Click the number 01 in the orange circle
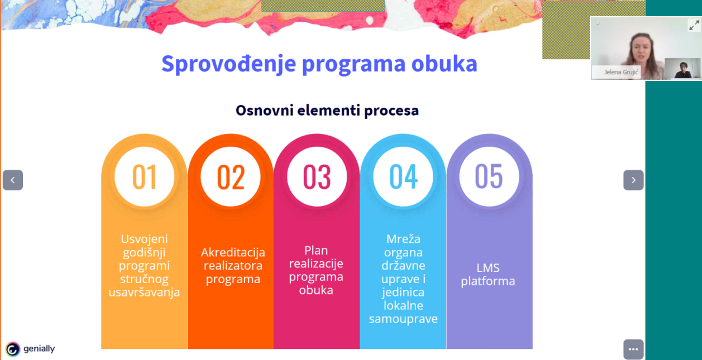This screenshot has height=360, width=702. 144,177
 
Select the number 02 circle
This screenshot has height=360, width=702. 230,176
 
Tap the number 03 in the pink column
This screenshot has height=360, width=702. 317,177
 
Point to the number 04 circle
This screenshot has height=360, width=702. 403,176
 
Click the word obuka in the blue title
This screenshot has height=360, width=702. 444,63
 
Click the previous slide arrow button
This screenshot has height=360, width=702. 13,180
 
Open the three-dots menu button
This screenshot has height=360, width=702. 633,349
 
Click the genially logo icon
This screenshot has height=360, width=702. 13,349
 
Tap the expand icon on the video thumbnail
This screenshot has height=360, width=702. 694,25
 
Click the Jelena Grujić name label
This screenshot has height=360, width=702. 620,72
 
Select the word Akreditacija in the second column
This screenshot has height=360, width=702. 233,252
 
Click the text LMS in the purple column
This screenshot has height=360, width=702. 488,268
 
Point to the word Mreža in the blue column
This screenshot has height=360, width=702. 403,239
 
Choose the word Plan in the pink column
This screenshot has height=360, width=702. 316,250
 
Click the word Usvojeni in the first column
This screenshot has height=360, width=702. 144,239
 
